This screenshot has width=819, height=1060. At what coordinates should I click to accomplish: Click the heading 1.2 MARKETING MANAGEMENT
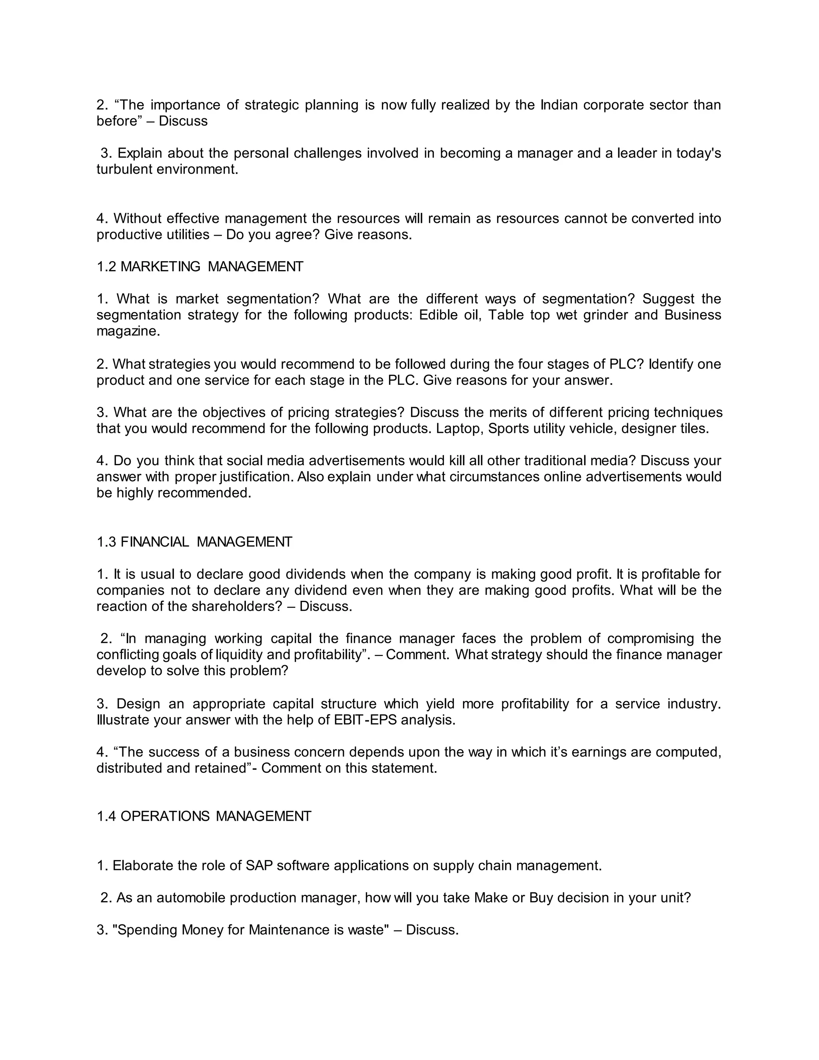(x=200, y=266)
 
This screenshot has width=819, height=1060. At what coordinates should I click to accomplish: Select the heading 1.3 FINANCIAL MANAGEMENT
(x=194, y=542)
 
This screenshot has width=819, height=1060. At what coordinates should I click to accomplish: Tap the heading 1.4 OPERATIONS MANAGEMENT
(x=204, y=816)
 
